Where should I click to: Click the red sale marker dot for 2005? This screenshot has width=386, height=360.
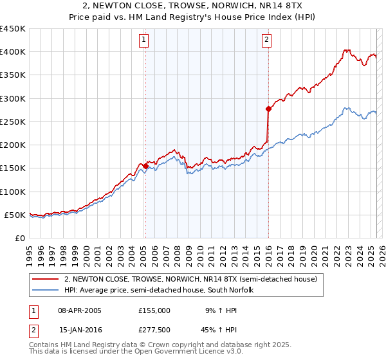[x=145, y=166]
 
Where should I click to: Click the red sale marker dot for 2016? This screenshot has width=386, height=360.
[x=268, y=109]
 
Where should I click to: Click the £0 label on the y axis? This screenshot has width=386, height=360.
[x=19, y=238]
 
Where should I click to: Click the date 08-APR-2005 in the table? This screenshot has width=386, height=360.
[x=80, y=310]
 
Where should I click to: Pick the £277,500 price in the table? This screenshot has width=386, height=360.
[x=154, y=329]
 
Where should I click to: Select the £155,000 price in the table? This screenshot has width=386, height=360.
[x=154, y=310]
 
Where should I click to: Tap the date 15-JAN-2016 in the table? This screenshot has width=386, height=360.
[x=80, y=329]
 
